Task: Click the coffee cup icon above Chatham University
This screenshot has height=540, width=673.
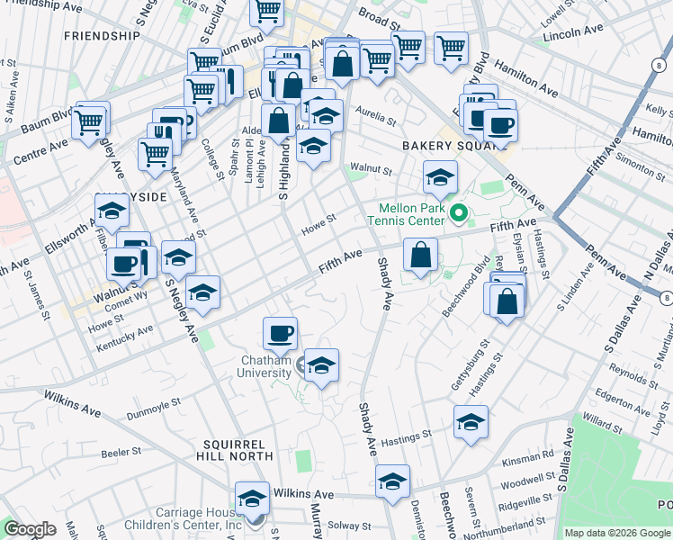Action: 280,334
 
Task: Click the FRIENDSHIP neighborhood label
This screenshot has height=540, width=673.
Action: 103,36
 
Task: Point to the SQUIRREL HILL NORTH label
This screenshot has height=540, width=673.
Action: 234,450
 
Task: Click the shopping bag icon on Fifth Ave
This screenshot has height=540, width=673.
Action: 420,255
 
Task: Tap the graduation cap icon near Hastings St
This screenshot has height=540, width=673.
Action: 471,422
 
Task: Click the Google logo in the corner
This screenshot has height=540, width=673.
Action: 30,529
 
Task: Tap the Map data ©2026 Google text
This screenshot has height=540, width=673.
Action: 616,533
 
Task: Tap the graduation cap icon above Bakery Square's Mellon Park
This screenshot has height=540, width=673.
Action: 440,176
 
